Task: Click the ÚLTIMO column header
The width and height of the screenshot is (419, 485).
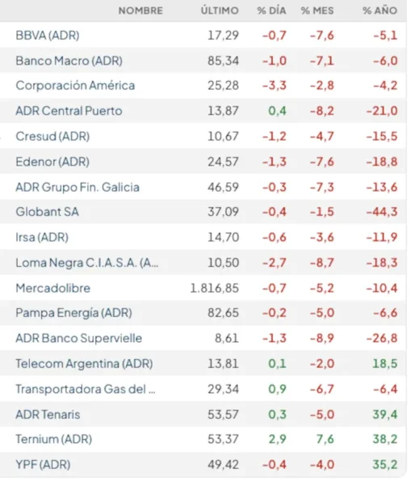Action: [x=220, y=11]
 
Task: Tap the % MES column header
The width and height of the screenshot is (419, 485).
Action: [x=317, y=11]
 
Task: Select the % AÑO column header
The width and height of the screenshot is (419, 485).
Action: [x=379, y=11]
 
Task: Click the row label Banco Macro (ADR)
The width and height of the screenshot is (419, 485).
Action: [x=69, y=61]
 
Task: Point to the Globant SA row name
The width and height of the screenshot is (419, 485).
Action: [x=48, y=212]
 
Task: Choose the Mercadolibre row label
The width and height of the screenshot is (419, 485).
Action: [x=53, y=289]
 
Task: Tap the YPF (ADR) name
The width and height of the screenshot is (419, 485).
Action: [x=43, y=465]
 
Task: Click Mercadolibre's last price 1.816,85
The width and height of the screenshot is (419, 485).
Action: [x=215, y=289]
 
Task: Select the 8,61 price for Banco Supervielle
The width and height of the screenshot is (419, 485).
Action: [x=227, y=338]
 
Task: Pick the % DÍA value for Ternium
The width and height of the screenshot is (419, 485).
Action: [x=277, y=439]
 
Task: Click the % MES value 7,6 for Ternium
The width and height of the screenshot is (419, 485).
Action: [x=325, y=439]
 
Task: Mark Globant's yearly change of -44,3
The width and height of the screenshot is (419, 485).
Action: [x=382, y=212]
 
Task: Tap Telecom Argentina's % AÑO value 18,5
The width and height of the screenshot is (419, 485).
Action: [x=385, y=364]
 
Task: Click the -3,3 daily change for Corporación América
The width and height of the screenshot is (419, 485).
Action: [x=274, y=86]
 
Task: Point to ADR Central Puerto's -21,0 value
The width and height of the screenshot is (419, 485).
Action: [x=382, y=111]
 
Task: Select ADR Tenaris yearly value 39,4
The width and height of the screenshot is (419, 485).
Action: [x=385, y=414]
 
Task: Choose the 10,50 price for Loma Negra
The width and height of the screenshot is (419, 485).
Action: [x=223, y=263]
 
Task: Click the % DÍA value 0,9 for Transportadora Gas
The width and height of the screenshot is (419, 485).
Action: [x=277, y=389]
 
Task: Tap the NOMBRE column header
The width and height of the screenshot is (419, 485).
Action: [x=140, y=11]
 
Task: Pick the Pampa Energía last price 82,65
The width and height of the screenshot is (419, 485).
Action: [x=223, y=313]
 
